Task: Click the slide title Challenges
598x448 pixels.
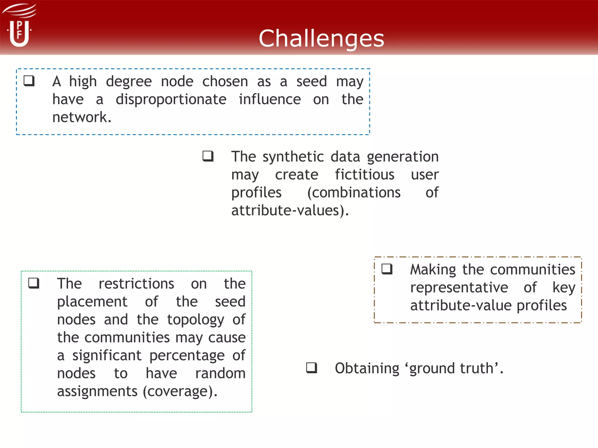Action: pos(321,38)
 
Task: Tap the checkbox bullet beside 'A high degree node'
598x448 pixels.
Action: pos(29,81)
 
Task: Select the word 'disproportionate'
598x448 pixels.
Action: pos(171,100)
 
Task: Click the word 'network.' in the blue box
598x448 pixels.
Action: pos(82,117)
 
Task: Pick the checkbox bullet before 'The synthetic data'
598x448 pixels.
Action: pos(208,156)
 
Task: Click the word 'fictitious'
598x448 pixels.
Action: pos(364,175)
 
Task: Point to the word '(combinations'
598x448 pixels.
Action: pos(354,193)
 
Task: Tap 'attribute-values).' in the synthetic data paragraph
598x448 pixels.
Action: pos(290,211)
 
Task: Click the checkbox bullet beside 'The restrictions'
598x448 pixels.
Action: pos(34,283)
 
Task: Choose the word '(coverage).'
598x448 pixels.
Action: pos(180,391)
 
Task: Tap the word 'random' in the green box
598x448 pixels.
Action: pos(220,374)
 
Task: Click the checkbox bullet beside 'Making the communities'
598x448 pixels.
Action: pos(387,269)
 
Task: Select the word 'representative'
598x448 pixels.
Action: pos(459,288)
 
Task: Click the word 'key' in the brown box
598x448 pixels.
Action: pos(564,288)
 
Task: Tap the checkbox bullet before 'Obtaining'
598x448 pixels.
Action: pos(312,367)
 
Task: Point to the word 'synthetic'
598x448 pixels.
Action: pos(293,157)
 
